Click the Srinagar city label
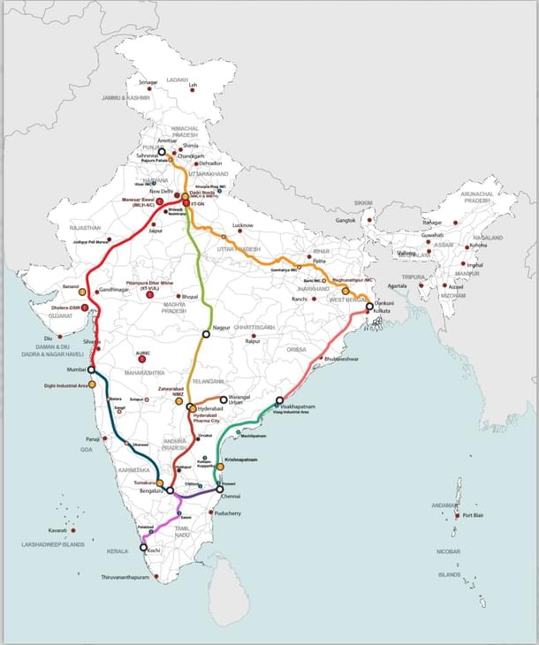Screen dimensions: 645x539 pyautogui.click(x=149, y=82)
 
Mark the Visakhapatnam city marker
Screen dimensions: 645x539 pyautogui.click(x=279, y=400)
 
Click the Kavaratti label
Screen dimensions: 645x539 pyautogui.click(x=57, y=530)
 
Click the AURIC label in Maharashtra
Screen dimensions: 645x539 pyautogui.click(x=143, y=354)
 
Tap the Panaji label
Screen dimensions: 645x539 pyautogui.click(x=94, y=439)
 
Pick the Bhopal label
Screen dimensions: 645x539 pyautogui.click(x=190, y=297)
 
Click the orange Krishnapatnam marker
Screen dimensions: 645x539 pyautogui.click(x=220, y=467)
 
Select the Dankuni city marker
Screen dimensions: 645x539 pyautogui.click(x=369, y=307)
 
